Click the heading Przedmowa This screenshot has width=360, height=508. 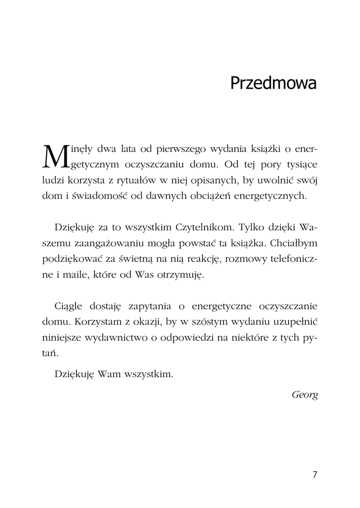[273, 83]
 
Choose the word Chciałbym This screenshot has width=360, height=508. [291, 244]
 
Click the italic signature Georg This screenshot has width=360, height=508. [304, 395]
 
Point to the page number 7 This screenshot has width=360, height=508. [315, 474]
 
